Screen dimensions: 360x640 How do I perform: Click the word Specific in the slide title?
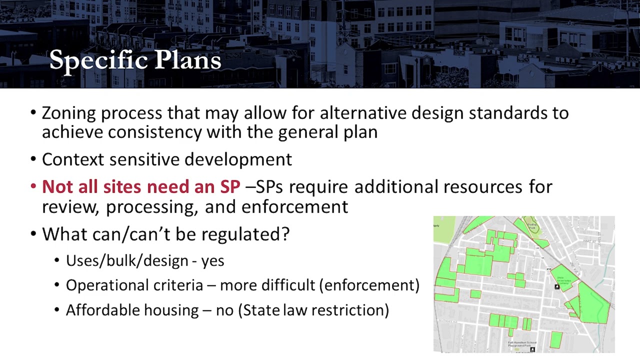[x=99, y=60]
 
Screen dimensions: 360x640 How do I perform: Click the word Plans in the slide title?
[x=187, y=60]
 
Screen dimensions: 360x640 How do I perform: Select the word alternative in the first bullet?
[x=363, y=113]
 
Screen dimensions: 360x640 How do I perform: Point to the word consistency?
[x=155, y=132]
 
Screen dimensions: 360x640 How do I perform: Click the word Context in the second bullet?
[x=73, y=159]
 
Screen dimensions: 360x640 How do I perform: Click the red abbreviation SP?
[x=230, y=186]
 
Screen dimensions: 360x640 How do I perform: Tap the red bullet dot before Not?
[x=33, y=186]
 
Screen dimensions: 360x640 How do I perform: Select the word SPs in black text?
[x=269, y=186]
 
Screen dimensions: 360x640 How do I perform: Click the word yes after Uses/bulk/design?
[x=212, y=261]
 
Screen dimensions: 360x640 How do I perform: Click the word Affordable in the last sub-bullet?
[x=102, y=310]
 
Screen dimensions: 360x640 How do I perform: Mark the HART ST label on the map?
[x=588, y=241]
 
